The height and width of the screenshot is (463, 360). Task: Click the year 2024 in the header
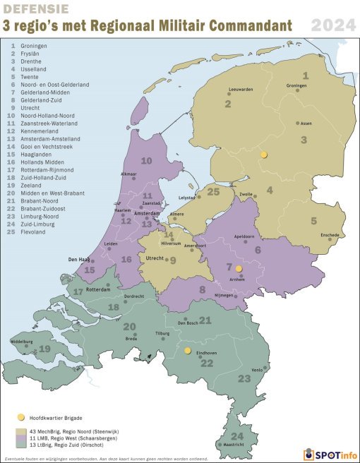tap(332, 27)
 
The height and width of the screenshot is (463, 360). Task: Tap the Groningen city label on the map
tap(296, 85)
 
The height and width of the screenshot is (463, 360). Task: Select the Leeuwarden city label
tap(241, 90)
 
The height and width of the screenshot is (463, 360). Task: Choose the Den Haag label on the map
tap(78, 260)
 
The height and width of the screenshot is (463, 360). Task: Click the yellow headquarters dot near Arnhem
tap(239, 269)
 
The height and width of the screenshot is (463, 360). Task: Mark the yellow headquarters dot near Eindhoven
tap(188, 350)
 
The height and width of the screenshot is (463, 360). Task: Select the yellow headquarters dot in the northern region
tap(264, 154)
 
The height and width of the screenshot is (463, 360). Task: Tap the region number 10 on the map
tap(146, 161)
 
